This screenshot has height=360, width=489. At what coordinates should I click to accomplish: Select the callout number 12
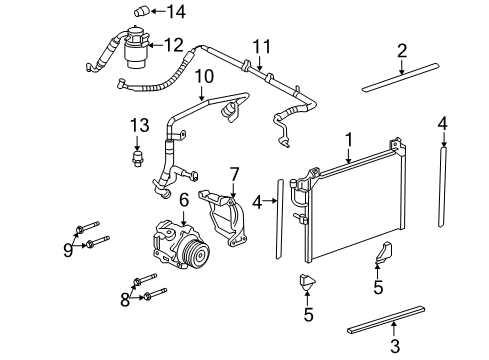tap(174, 44)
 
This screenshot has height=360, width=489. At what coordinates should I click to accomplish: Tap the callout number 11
tap(262, 46)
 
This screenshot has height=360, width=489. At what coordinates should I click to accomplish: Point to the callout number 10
tap(203, 76)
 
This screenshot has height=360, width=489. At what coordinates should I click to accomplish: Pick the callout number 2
tap(401, 50)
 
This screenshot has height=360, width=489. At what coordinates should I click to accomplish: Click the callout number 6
tap(183, 201)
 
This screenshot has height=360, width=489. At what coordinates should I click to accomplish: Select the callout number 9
tap(68, 250)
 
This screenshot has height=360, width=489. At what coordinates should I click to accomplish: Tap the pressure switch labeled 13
tap(139, 158)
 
